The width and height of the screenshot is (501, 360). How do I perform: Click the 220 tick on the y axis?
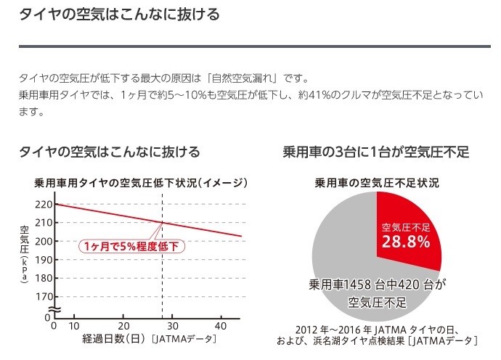44,204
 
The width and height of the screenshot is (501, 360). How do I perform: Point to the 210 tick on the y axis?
44,222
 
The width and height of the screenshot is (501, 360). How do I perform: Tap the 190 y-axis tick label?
44,259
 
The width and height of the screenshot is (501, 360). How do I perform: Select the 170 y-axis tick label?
44,296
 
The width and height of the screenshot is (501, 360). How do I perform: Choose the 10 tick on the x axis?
75,326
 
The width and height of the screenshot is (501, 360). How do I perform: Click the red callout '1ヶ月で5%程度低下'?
132,246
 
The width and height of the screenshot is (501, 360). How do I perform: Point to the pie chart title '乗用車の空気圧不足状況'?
376,182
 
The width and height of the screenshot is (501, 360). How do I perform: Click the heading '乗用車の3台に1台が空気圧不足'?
376,152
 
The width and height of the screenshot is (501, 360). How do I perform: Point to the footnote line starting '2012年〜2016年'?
376,327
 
